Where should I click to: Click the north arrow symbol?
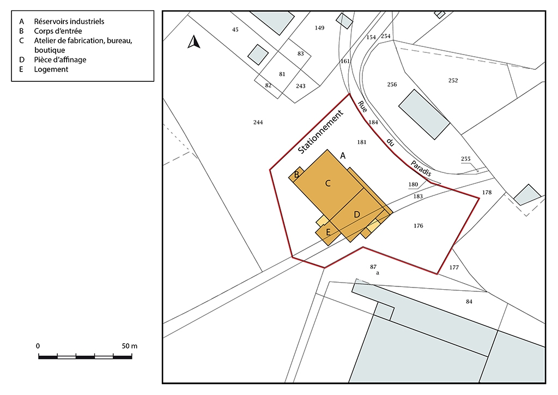click(x=193, y=42)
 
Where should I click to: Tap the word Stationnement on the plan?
click(x=320, y=132)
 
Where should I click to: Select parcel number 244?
click(x=258, y=123)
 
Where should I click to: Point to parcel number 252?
click(x=453, y=81)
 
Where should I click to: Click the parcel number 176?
click(x=418, y=226)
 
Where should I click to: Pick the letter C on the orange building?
click(x=328, y=183)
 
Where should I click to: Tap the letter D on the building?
click(x=357, y=214)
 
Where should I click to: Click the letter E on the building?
click(x=328, y=232)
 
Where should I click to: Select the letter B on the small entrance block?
click(x=296, y=175)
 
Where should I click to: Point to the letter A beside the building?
click(x=343, y=155)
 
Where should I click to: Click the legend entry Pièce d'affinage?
click(x=60, y=60)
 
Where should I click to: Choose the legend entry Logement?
click(x=51, y=69)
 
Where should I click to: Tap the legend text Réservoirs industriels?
click(x=69, y=21)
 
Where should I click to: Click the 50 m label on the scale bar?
click(x=130, y=346)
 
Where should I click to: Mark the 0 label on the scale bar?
click(x=38, y=346)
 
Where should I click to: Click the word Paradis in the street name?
click(x=421, y=169)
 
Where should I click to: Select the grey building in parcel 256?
click(x=424, y=115)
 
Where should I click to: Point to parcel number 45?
click(x=235, y=30)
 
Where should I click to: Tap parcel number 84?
click(x=469, y=302)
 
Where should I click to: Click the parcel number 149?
click(x=319, y=28)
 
